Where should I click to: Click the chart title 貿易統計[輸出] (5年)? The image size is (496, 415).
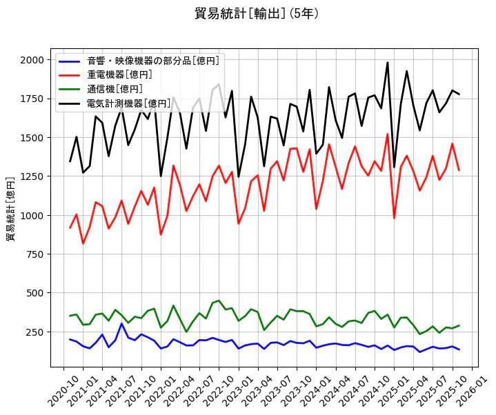point(257,13)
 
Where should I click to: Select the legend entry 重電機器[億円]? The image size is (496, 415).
point(119,74)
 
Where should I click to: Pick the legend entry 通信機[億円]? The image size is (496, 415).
point(115,89)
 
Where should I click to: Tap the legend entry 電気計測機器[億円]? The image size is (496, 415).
point(128,103)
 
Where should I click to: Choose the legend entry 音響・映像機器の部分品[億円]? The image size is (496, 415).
point(153,60)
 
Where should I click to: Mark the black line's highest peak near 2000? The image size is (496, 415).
point(388,63)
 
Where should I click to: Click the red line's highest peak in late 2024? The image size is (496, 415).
point(388,134)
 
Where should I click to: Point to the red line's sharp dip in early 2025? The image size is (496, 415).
point(394,218)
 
